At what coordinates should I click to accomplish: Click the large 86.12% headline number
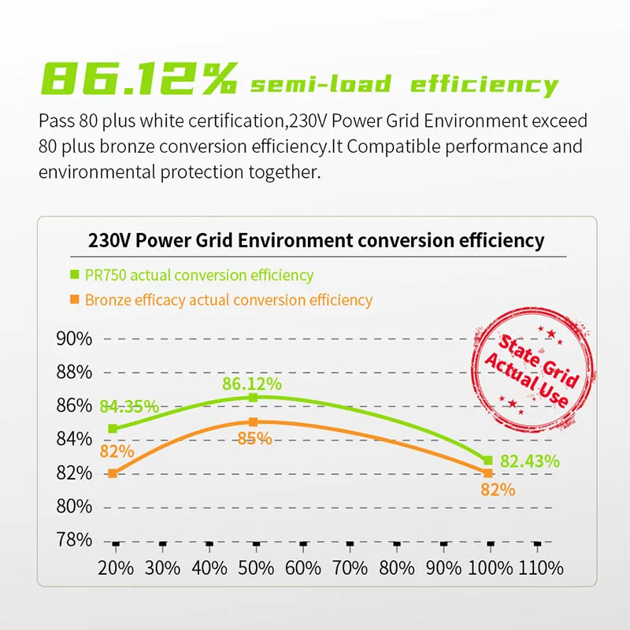[139, 80]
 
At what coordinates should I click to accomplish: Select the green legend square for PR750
[75, 276]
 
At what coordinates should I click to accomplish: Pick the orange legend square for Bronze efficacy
[75, 300]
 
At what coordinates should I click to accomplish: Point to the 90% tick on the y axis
[73, 339]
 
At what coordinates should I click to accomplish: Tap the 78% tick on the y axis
[73, 540]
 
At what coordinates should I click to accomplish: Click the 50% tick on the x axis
[256, 567]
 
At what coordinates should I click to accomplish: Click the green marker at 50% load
[254, 398]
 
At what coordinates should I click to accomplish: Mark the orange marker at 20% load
[113, 473]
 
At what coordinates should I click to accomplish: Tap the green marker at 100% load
[487, 460]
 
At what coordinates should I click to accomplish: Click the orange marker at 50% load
[254, 422]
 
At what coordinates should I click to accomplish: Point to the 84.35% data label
[129, 407]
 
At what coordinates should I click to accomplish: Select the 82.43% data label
[529, 461]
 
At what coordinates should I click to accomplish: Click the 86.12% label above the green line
[252, 384]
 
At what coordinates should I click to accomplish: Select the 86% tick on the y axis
[73, 406]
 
